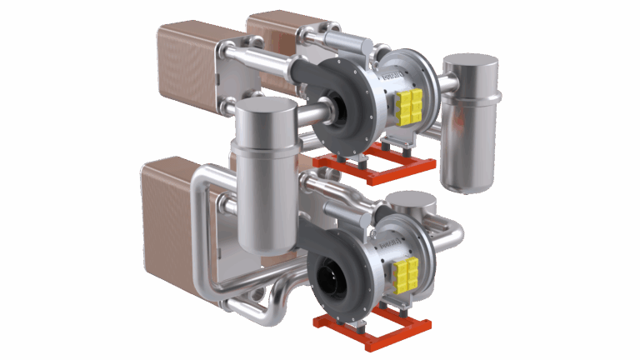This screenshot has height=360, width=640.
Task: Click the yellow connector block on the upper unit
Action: point(409,107)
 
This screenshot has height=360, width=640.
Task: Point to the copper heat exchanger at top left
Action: point(188,58)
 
